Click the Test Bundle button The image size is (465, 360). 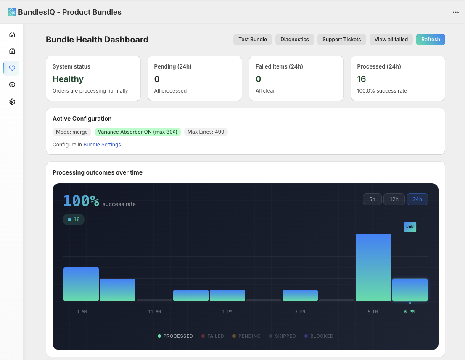click(253, 40)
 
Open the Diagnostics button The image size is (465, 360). click(295, 40)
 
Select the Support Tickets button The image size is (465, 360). click(341, 40)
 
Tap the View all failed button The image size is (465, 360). click(391, 40)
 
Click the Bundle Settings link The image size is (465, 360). click(102, 145)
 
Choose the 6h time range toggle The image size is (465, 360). click(372, 199)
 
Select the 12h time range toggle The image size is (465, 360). click(394, 199)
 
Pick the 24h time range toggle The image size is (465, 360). click(417, 199)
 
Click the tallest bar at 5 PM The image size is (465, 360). click(373, 267)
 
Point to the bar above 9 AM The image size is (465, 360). click(81, 284)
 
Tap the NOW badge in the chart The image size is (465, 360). click(410, 227)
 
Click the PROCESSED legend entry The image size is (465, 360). click(175, 336)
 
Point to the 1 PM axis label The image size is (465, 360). click(227, 312)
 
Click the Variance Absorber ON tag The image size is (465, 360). click(137, 132)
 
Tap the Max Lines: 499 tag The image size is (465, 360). click(206, 132)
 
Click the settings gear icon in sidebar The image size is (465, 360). click(12, 102)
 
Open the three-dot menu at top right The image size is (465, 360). click(456, 12)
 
